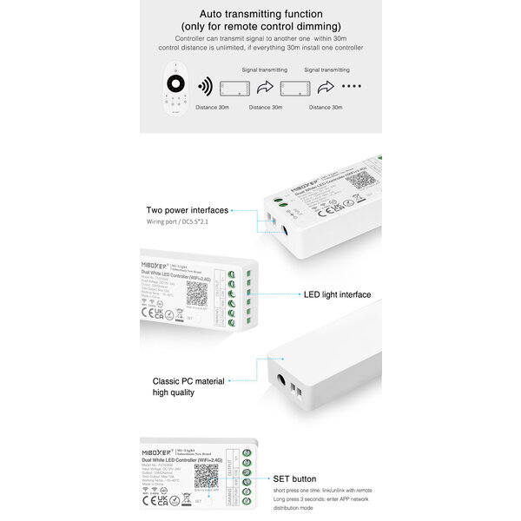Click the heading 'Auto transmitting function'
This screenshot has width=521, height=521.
(260, 15)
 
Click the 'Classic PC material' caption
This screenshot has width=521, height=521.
(188, 381)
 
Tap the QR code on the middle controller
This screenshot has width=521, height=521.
(197, 293)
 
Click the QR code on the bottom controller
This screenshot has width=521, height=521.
(206, 477)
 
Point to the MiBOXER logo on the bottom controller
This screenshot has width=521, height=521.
(156, 452)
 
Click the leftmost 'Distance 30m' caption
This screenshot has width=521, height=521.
(213, 108)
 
